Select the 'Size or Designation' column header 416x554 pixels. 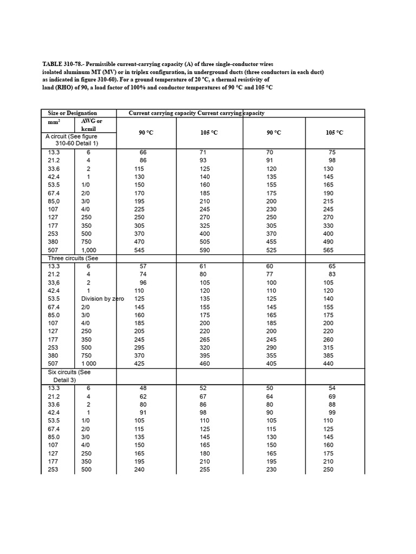point(72,113)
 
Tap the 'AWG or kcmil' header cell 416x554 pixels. point(92,125)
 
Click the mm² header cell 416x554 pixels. point(54,123)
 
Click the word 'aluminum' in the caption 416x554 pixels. point(81,71)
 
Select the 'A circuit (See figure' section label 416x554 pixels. point(71,137)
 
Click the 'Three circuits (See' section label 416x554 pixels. point(73,258)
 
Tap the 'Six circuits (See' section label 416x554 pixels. point(69,372)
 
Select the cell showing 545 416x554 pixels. point(140,250)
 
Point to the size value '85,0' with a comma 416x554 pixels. point(54,201)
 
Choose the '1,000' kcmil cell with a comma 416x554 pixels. point(89,250)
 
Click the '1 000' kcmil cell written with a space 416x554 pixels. point(90,364)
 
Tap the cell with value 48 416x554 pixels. point(143,388)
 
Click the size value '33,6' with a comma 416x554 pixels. point(54,282)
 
